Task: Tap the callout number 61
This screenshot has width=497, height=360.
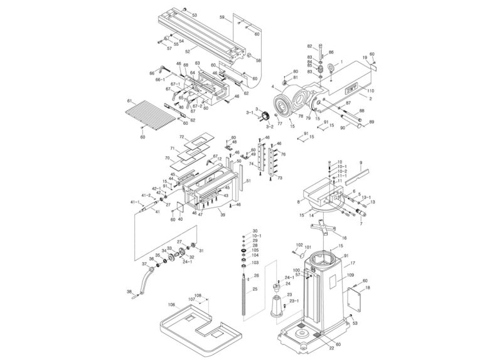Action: (128, 100)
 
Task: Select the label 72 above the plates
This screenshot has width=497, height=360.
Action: (181, 136)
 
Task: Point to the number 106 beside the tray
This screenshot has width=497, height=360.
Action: (171, 305)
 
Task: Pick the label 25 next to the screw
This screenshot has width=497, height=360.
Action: (255, 289)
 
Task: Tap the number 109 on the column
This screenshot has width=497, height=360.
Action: (351, 275)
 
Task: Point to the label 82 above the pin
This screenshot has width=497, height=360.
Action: (309, 46)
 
